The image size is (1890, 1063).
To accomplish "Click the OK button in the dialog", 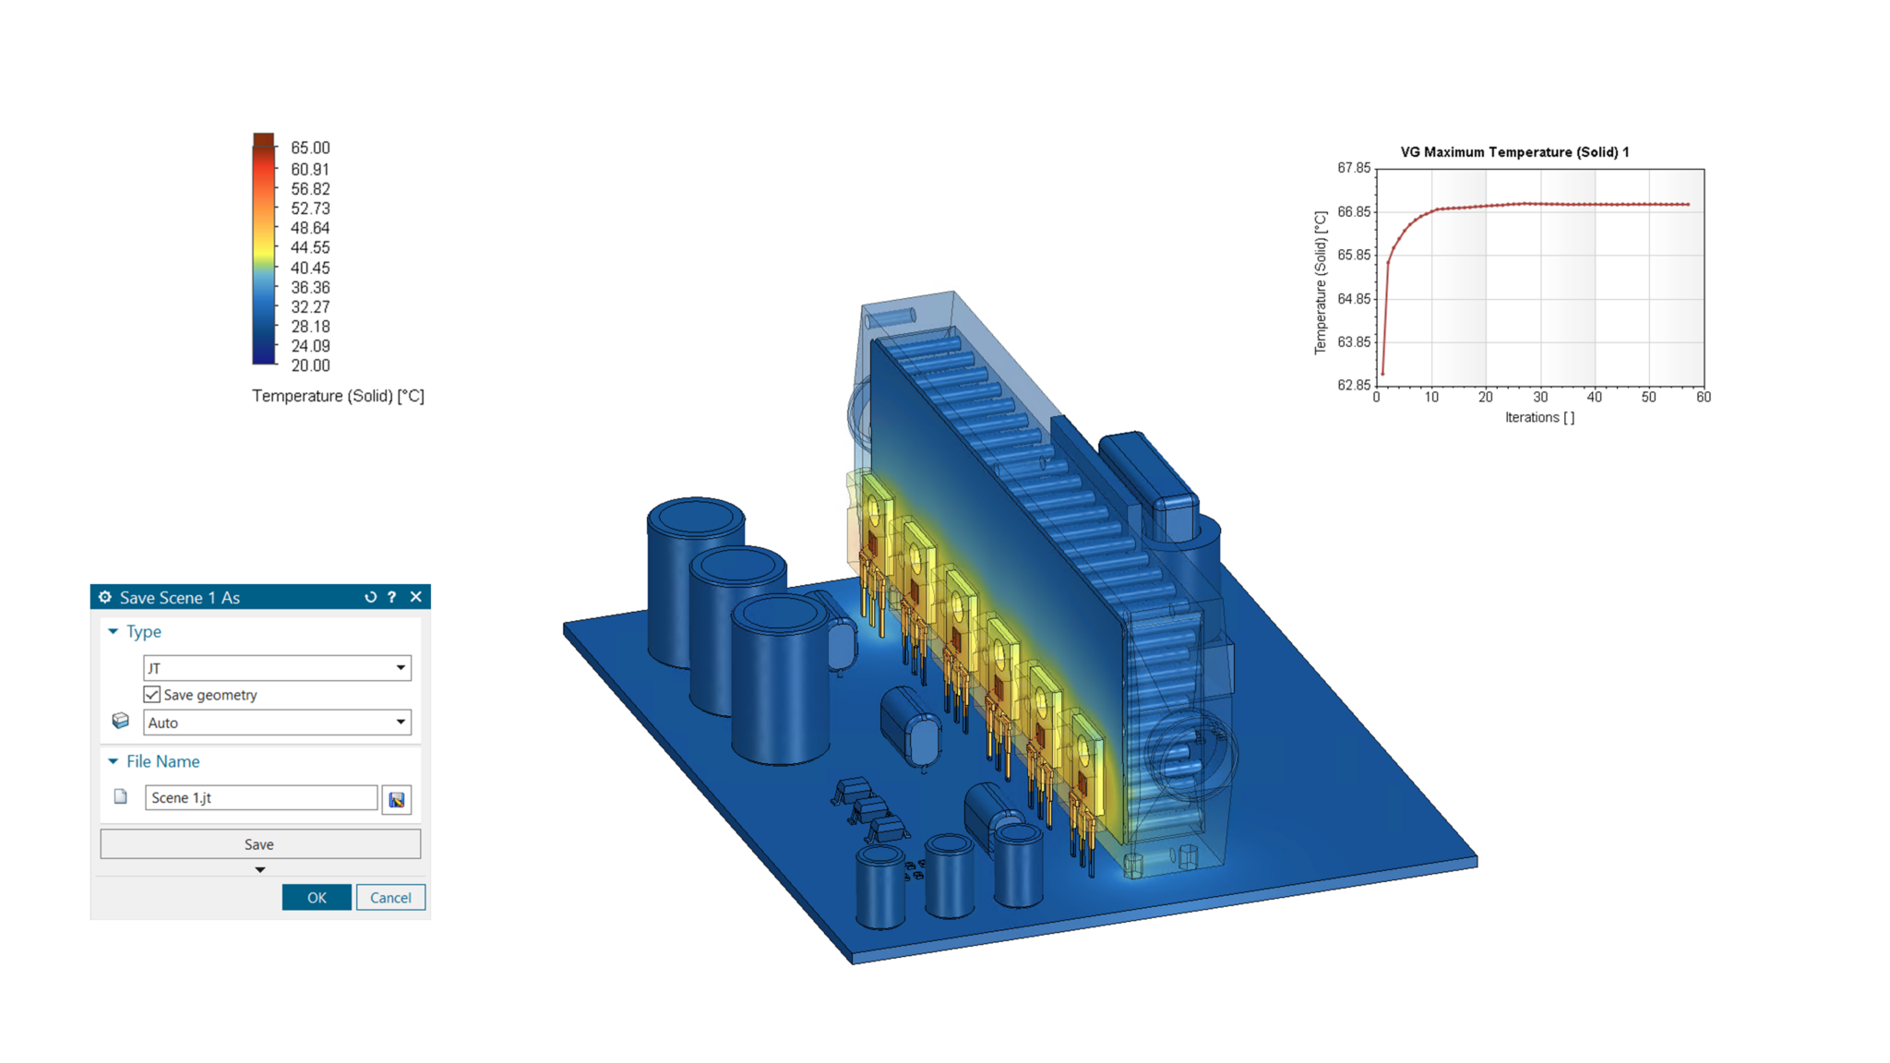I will [x=316, y=897].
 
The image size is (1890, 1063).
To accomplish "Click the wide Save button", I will [x=259, y=844].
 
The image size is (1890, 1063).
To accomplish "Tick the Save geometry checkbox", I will [x=152, y=695].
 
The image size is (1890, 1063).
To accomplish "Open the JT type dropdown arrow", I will [x=401, y=667].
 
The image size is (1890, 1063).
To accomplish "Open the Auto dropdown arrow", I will [x=401, y=722].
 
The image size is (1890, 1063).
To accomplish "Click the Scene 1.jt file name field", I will [x=260, y=797].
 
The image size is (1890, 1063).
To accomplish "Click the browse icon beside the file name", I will [x=397, y=799].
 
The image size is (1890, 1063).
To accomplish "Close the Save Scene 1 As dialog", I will [x=416, y=597].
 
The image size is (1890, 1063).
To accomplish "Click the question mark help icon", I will [x=392, y=597].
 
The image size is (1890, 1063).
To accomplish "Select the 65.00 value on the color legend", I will [x=310, y=148].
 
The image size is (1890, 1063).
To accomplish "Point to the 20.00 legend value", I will [x=310, y=365].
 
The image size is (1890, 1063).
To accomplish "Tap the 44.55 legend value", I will [x=310, y=247].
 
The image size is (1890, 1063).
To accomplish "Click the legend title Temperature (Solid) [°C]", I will [x=338, y=396].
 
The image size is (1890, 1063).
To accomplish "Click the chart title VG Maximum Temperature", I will [x=1514, y=152].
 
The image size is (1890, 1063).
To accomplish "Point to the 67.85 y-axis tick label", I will [x=1354, y=168].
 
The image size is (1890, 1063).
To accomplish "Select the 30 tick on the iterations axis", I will [x=1540, y=397].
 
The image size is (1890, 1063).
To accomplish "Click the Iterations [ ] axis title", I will [x=1539, y=417].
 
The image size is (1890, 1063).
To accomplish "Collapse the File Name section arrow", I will [x=114, y=761].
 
